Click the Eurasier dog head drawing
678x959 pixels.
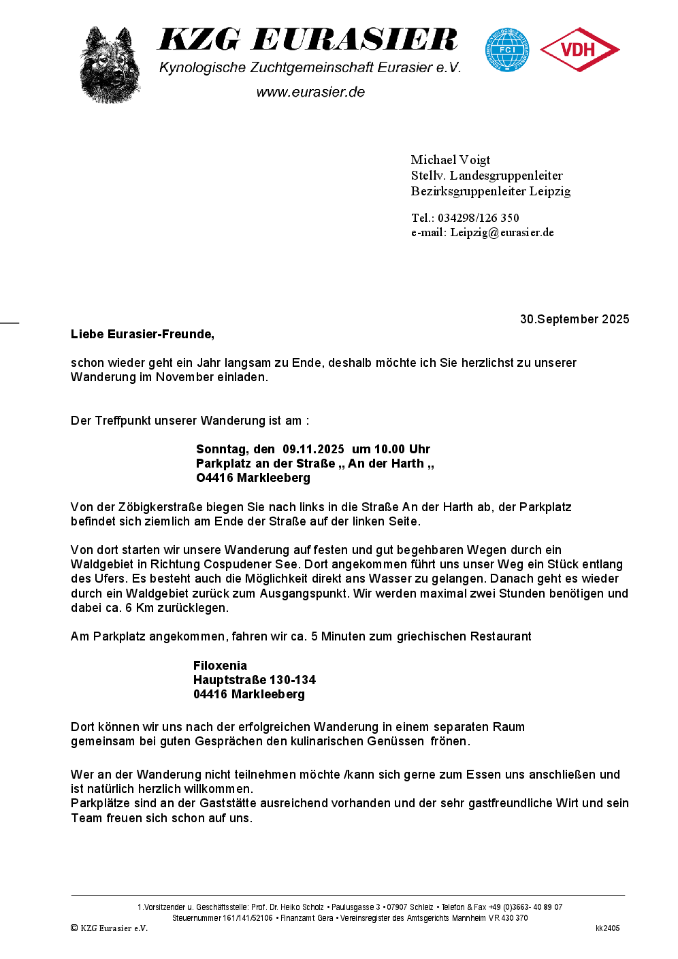pyautogui.click(x=110, y=65)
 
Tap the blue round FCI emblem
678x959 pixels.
pyautogui.click(x=507, y=50)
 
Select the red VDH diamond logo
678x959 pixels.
pyautogui.click(x=579, y=50)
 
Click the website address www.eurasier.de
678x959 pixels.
pyautogui.click(x=310, y=93)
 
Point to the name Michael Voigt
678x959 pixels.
pyautogui.click(x=450, y=160)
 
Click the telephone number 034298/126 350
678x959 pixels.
pyautogui.click(x=478, y=218)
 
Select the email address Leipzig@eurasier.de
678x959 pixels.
pyautogui.click(x=502, y=233)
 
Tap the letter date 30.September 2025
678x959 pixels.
pyautogui.click(x=574, y=319)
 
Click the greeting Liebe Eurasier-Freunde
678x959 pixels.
pyautogui.click(x=142, y=334)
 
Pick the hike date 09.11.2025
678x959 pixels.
pyautogui.click(x=313, y=449)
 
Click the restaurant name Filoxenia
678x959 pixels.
pyautogui.click(x=220, y=666)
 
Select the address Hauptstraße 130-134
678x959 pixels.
pyautogui.click(x=255, y=680)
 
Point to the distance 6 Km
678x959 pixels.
pyautogui.click(x=140, y=608)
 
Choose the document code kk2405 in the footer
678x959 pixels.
pyautogui.click(x=607, y=928)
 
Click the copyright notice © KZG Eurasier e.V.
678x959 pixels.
pyautogui.click(x=109, y=928)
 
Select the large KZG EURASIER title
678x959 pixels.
pyautogui.click(x=308, y=40)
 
